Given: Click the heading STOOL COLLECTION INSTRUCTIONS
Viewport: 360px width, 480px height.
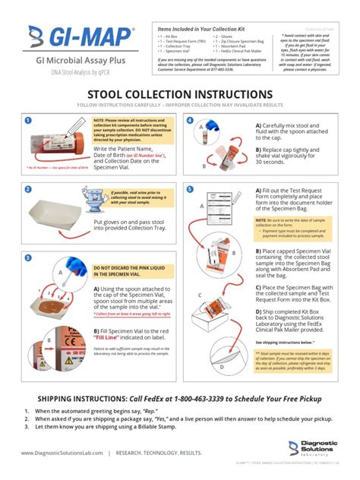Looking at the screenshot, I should (x=180, y=93).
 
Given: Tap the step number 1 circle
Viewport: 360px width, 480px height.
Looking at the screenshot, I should (x=27, y=121).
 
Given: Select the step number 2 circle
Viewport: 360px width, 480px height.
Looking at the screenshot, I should (x=27, y=188).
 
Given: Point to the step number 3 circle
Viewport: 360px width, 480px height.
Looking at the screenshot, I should (x=27, y=257).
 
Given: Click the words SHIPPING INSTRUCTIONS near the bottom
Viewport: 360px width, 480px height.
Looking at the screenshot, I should (x=81, y=399).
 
